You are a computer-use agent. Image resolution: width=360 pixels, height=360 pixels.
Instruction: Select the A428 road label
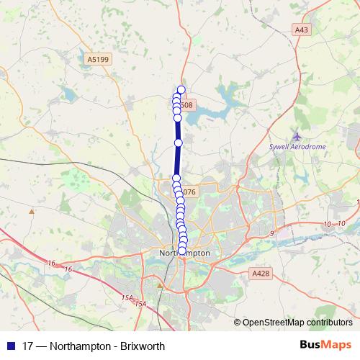261,274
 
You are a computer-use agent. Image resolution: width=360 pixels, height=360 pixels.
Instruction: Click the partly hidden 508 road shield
187,105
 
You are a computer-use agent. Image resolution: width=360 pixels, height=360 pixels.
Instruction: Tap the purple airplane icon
297,135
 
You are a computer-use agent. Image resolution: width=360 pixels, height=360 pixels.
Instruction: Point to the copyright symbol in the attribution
238,322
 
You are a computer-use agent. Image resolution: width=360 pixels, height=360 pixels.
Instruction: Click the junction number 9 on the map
272,234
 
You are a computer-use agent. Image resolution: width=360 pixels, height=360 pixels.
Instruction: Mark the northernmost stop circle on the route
181,90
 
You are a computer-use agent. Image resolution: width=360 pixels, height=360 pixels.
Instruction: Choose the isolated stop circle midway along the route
179,143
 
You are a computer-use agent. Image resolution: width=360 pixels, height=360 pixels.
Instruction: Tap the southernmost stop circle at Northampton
181,250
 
